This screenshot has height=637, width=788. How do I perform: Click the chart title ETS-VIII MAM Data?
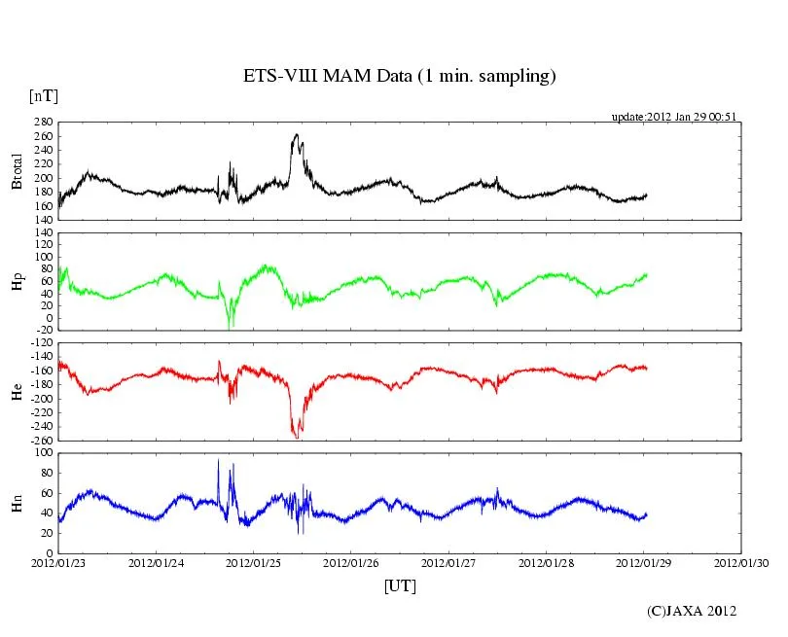click(x=399, y=76)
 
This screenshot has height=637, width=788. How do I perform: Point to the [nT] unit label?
click(x=43, y=95)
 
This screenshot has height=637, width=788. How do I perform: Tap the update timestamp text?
click(x=672, y=117)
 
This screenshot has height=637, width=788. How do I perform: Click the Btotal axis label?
click(x=16, y=171)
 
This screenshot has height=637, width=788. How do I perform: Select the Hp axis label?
click(x=16, y=281)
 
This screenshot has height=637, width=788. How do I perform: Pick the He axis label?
click(x=16, y=392)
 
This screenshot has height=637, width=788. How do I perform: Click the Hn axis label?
click(x=16, y=502)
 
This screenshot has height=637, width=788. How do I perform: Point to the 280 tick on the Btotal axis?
click(x=43, y=124)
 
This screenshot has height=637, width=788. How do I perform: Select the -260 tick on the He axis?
click(x=41, y=441)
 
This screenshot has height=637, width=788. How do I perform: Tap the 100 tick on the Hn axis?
click(x=43, y=453)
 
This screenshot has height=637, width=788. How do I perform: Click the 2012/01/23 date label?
click(x=58, y=562)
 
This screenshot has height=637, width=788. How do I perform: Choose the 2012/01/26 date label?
click(x=351, y=562)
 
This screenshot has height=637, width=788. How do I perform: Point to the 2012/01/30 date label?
click(x=741, y=562)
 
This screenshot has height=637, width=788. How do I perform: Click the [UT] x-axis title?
click(x=400, y=585)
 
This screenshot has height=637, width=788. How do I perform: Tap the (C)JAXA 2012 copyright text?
click(x=692, y=611)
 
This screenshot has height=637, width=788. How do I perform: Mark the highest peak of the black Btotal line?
click(x=296, y=134)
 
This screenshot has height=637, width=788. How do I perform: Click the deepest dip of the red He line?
click(x=297, y=438)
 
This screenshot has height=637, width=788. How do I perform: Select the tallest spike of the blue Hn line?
click(x=218, y=460)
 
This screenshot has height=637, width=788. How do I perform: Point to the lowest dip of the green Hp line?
click(x=230, y=328)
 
